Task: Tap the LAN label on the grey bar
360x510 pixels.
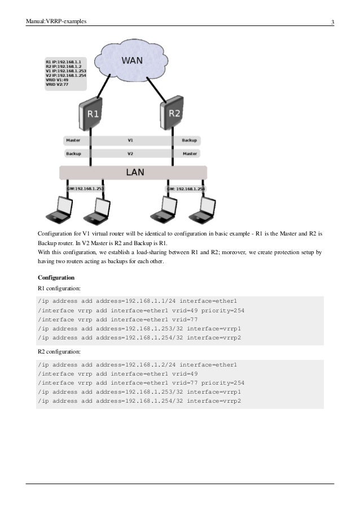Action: point(134,172)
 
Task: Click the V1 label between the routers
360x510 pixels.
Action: point(130,140)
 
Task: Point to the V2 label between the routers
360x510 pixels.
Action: point(130,153)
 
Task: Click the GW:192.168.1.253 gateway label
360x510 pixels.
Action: point(85,189)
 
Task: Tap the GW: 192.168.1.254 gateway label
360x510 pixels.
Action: point(186,189)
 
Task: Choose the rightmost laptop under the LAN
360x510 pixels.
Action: point(201,210)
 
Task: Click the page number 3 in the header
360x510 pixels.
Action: point(333,23)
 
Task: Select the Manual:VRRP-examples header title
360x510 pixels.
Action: point(56,23)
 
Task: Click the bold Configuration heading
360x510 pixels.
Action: point(56,278)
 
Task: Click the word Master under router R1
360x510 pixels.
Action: point(73,140)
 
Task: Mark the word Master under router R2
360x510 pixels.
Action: point(189,153)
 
